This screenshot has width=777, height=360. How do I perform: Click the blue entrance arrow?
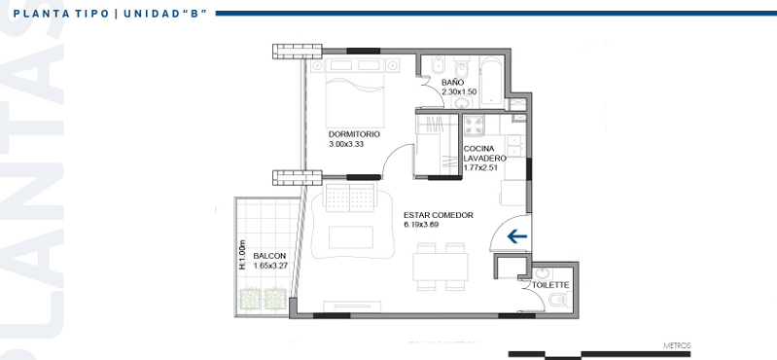coord(516,235)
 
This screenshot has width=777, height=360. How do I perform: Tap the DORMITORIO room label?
coord(354,134)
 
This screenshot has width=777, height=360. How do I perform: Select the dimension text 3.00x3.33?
coord(346,144)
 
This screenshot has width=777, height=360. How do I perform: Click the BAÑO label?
coord(452,83)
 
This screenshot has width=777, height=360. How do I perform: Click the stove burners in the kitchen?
coord(475,125)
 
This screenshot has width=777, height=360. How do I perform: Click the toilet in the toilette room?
coord(557,303)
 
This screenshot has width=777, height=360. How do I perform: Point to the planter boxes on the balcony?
coord(264,297)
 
